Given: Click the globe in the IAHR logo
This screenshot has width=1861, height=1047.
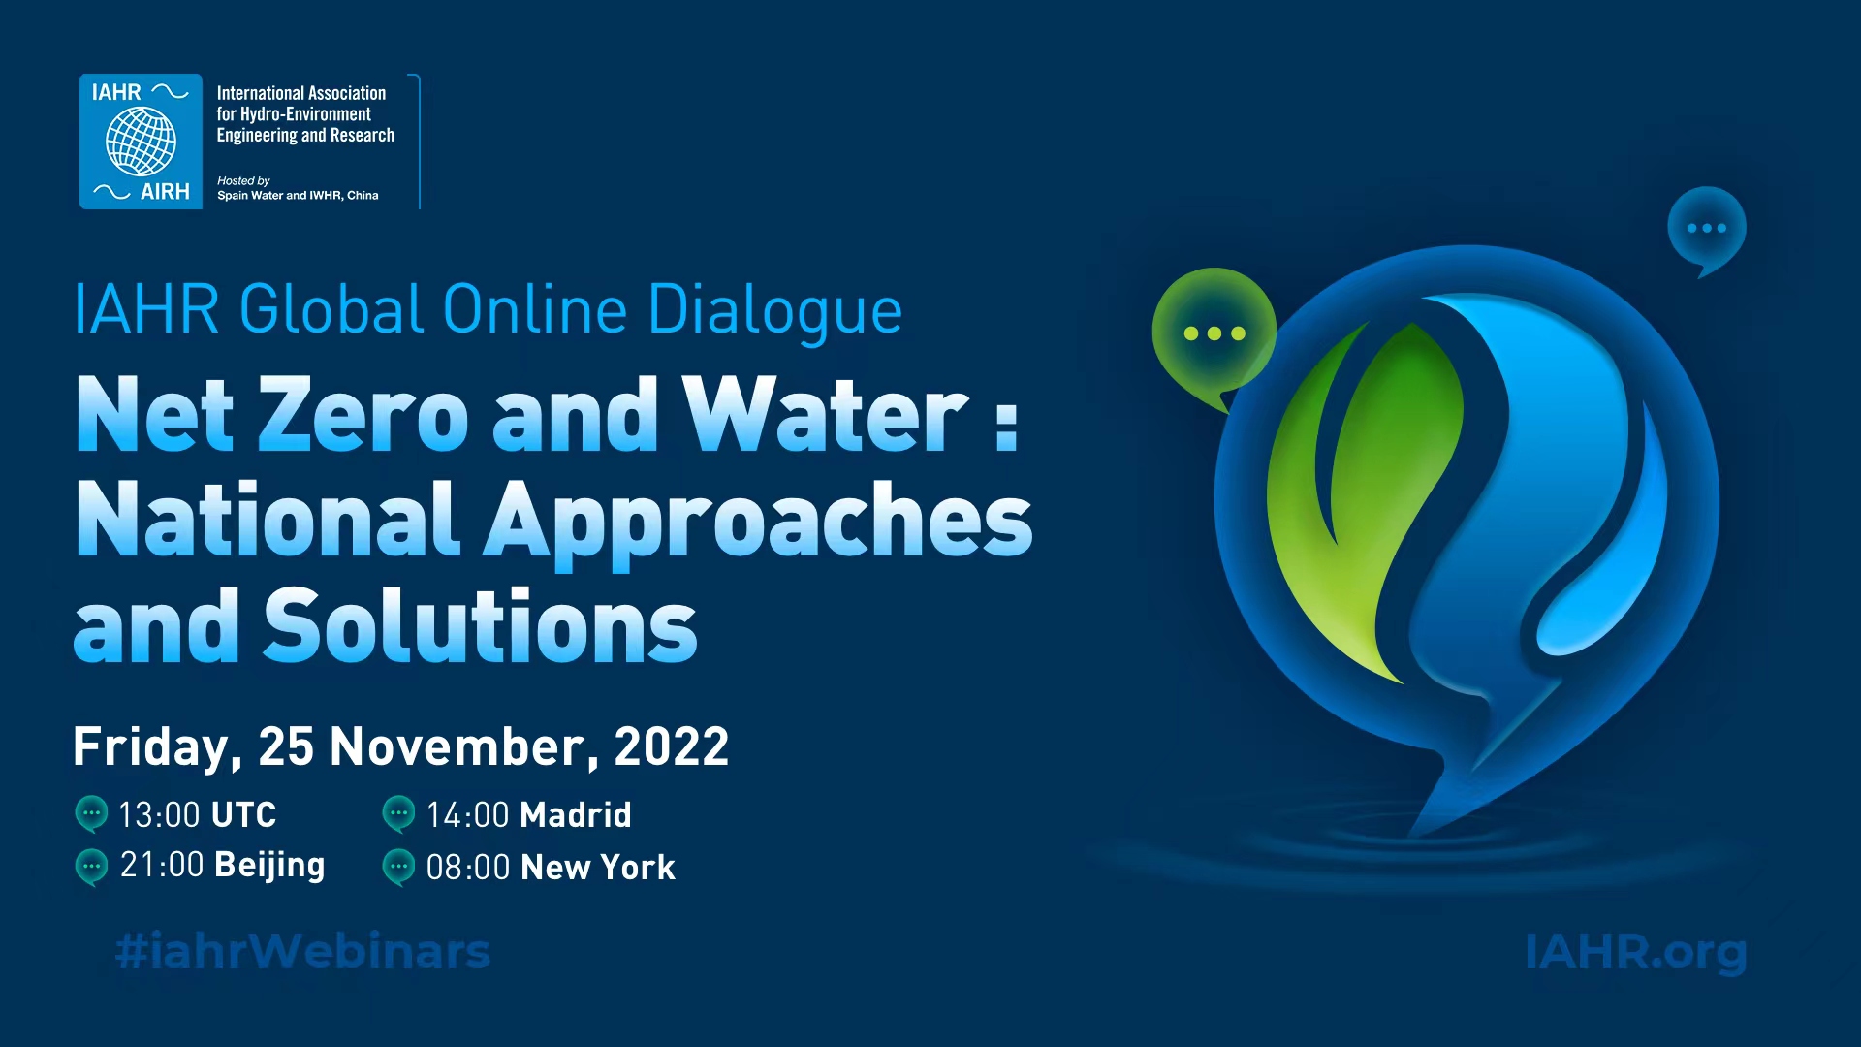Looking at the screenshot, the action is pyautogui.click(x=141, y=141).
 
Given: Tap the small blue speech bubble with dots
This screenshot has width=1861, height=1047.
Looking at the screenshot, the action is pyautogui.click(x=1707, y=231).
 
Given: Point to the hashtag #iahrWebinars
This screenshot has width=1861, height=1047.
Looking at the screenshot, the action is pyautogui.click(x=302, y=951).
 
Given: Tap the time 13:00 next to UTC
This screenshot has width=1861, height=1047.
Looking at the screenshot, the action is pyautogui.click(x=159, y=815).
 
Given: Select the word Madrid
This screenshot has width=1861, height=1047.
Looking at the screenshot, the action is pyautogui.click(x=576, y=815).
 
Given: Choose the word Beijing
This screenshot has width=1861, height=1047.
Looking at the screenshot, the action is pyautogui.click(x=269, y=866).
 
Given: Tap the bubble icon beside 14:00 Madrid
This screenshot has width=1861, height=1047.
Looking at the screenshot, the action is pyautogui.click(x=398, y=814).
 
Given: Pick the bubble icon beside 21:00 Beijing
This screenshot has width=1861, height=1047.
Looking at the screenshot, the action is pyautogui.click(x=91, y=867).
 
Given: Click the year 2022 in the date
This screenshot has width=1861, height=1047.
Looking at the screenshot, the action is pyautogui.click(x=672, y=747).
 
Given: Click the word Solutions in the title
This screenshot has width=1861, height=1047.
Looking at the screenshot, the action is pyautogui.click(x=481, y=626).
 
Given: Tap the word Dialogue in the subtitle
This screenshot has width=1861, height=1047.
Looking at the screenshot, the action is pyautogui.click(x=774, y=311).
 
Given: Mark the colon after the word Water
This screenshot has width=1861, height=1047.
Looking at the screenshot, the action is pyautogui.click(x=1007, y=427).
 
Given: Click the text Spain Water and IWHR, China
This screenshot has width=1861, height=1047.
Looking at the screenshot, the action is pyautogui.click(x=298, y=196).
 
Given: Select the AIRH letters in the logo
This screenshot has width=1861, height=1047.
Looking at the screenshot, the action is pyautogui.click(x=165, y=192).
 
